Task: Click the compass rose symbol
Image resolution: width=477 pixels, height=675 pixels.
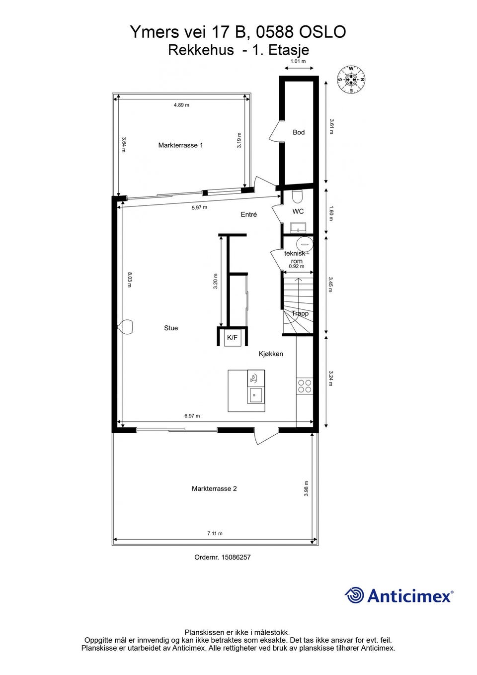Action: [x=351, y=80]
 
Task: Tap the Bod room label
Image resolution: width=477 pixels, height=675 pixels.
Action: [x=299, y=132]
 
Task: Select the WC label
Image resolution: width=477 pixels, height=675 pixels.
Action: [x=298, y=211]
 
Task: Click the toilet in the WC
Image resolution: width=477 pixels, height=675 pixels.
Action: [x=297, y=196]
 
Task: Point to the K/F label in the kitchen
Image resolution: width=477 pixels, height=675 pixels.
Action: [x=232, y=337]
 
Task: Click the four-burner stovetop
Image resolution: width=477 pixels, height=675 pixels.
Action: [x=305, y=386]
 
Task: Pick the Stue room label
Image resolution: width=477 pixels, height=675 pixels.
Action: [x=171, y=328]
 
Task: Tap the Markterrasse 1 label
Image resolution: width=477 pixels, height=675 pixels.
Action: [x=180, y=145]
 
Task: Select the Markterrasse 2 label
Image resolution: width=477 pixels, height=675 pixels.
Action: [x=214, y=488]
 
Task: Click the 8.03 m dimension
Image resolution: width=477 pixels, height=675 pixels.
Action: [x=130, y=280]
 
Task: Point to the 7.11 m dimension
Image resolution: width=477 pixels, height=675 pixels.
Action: [x=215, y=533]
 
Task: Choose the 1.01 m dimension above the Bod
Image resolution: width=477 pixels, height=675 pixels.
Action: [x=298, y=61]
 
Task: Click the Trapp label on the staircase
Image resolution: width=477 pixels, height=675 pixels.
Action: [x=300, y=313]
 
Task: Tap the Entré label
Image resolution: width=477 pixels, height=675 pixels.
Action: [x=249, y=214]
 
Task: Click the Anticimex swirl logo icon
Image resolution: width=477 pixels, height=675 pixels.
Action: [x=354, y=595]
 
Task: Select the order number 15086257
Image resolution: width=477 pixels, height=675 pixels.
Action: [x=236, y=557]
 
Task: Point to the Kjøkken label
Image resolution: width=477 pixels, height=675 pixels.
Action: [x=271, y=354]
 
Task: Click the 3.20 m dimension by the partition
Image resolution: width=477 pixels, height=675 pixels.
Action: [x=216, y=281]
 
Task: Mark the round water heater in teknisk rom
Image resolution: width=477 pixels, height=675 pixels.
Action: [x=304, y=243]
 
